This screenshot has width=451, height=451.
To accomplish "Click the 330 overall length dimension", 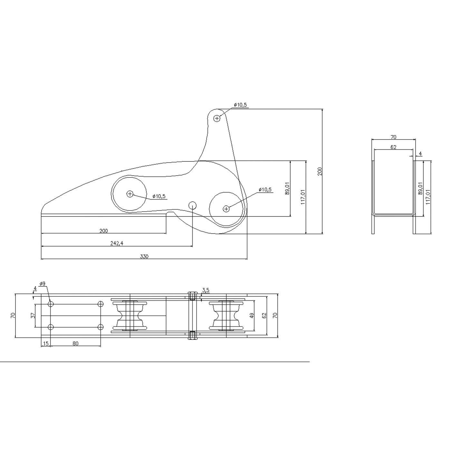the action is click(144, 256).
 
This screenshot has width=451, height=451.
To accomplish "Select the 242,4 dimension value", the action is click(117, 244).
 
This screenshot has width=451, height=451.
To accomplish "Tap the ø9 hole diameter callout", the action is click(42, 284).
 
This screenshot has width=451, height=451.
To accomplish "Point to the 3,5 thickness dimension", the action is click(206, 290).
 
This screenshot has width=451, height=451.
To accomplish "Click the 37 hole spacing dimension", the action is click(33, 315).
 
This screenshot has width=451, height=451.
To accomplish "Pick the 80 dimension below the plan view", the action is click(75, 344).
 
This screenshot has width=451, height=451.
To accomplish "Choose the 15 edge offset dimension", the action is click(46, 344).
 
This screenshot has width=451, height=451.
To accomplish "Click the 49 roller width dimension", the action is click(252, 315).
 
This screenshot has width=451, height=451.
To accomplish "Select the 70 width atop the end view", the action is click(393, 137).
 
